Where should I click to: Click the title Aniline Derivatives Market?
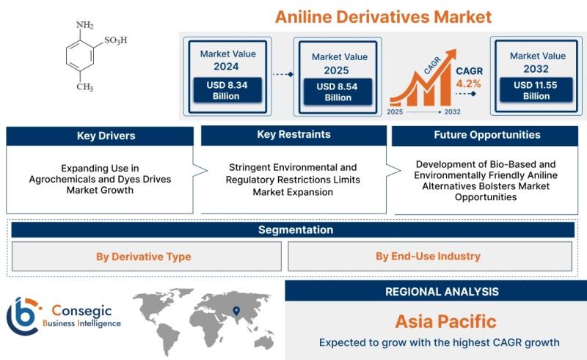[x=383, y=17]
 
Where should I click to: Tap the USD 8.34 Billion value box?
[x=227, y=90]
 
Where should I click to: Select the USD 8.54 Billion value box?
[x=338, y=92]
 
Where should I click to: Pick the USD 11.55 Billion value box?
[x=536, y=89]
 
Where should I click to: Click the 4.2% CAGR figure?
[x=468, y=84]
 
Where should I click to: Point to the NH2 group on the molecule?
[x=84, y=25]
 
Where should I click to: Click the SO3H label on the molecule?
[x=116, y=40]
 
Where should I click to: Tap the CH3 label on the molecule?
[x=84, y=87]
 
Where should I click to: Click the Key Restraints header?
[x=294, y=135]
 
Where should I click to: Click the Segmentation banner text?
[x=296, y=229]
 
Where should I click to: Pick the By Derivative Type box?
[x=146, y=257]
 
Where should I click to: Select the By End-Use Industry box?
[x=430, y=256]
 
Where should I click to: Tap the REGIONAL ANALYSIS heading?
[x=442, y=292]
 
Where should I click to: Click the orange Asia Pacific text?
[x=445, y=321]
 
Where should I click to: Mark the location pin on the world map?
[x=236, y=311]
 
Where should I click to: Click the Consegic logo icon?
[x=23, y=316]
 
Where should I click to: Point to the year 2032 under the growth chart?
[x=452, y=112]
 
